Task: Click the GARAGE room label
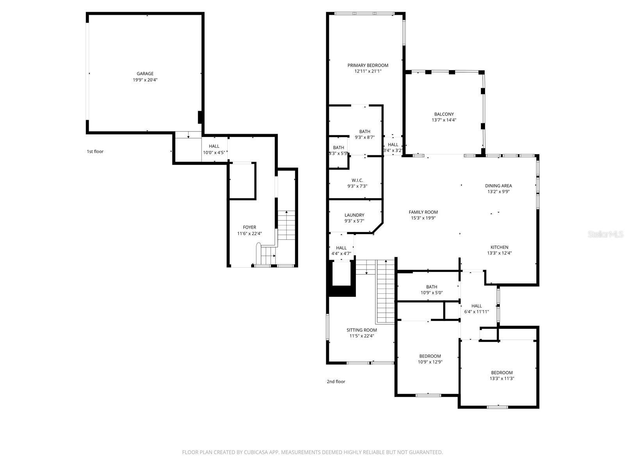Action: click(145, 73)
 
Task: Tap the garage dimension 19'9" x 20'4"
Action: click(145, 80)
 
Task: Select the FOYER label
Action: click(249, 227)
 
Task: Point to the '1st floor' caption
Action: click(95, 151)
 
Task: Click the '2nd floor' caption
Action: click(336, 381)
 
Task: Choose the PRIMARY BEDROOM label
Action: click(368, 65)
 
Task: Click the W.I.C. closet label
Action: click(357, 180)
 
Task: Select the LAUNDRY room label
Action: click(354, 215)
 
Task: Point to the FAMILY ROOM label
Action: click(423, 212)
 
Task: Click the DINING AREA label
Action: click(498, 186)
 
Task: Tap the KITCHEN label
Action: click(499, 247)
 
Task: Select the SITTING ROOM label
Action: click(362, 330)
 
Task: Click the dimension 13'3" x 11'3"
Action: click(502, 378)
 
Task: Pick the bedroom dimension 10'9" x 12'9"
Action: click(430, 362)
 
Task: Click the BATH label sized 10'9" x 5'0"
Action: click(432, 287)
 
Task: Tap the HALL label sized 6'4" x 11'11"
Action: click(477, 306)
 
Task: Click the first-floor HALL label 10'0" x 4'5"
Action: click(214, 146)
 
